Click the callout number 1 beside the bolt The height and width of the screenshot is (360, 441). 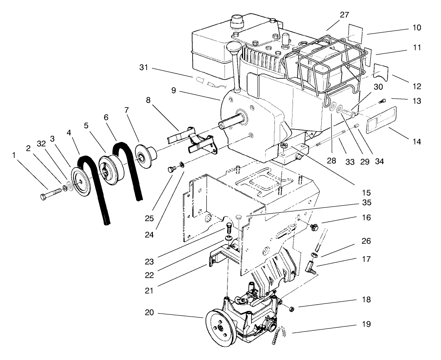coord(15,155)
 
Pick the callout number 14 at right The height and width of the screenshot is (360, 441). coord(416,142)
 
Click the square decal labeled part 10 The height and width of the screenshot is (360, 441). coord(356,31)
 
